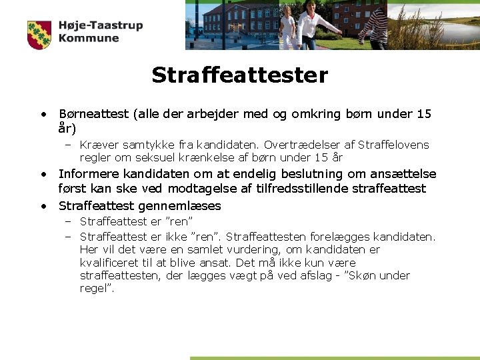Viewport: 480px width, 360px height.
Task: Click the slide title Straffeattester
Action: (239, 75)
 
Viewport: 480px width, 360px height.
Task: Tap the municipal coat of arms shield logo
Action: (39, 35)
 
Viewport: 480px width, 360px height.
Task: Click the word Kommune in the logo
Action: (88, 39)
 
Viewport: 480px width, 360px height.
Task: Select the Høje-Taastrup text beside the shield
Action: (100, 26)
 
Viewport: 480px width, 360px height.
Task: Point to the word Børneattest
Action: (94, 114)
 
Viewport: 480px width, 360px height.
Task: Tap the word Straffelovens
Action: (393, 145)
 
